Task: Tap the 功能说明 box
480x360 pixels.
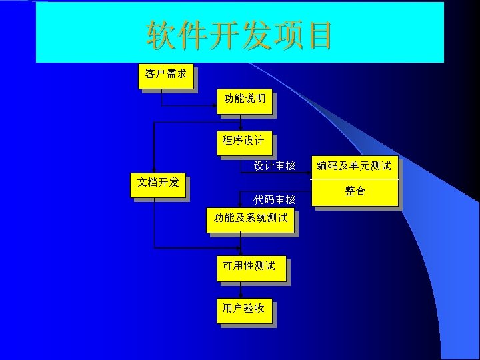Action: [x=245, y=99]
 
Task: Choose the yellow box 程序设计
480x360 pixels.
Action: [x=243, y=141]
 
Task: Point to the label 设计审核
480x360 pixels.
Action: [x=274, y=165]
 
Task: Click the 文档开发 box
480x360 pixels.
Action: [x=158, y=183]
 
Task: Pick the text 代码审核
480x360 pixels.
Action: [x=274, y=200]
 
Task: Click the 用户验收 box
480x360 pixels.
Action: [x=243, y=309]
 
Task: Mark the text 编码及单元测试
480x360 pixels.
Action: [x=354, y=165]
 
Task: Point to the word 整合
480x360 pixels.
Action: [x=355, y=191]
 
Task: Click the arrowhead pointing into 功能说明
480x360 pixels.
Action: [x=215, y=105]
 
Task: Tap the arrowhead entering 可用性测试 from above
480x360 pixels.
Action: [x=241, y=253]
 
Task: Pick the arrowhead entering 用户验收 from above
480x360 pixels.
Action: [x=241, y=296]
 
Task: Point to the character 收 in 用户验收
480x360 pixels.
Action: [x=259, y=309]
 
